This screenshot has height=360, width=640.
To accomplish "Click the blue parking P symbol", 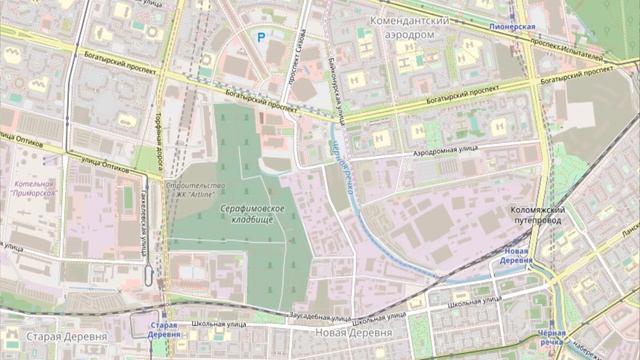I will (261, 37).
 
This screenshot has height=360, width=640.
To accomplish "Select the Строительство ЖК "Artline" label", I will (204, 191).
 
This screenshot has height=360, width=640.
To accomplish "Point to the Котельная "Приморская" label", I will (36, 188).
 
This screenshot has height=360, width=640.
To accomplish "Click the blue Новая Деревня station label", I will (516, 255).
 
